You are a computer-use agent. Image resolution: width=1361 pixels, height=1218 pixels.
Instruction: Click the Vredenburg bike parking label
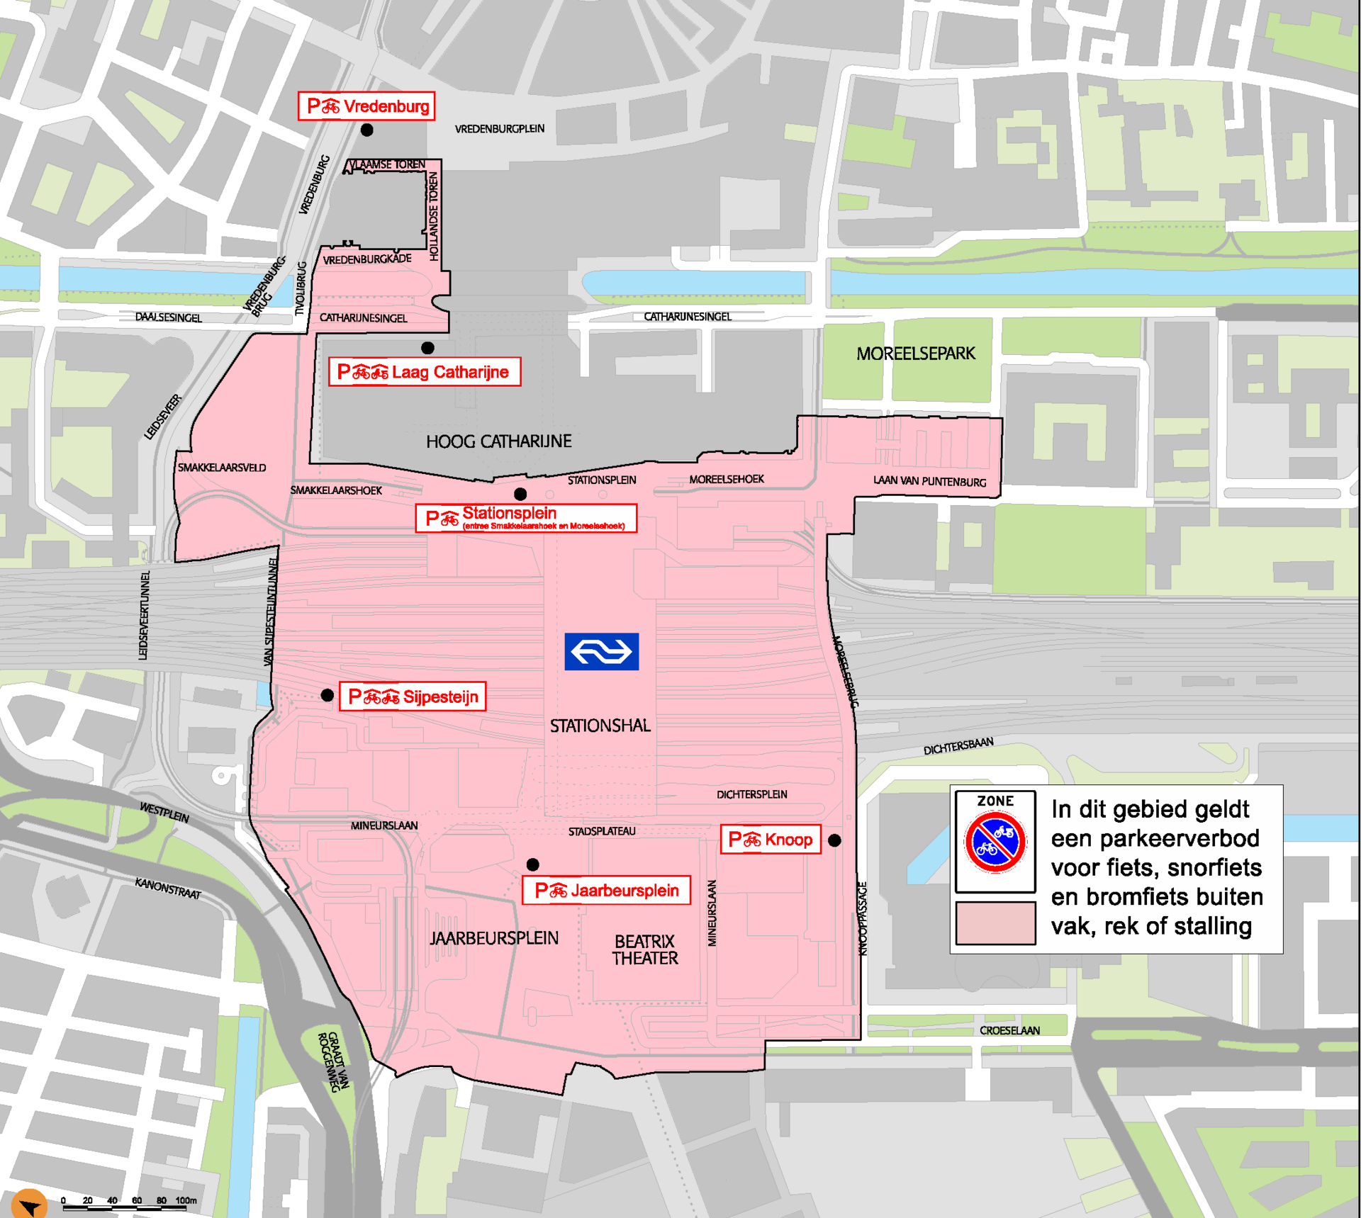[366, 106]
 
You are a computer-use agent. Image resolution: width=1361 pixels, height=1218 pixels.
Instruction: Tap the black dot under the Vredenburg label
[366, 130]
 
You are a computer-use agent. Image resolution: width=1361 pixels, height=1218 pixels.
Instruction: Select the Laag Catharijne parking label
[424, 371]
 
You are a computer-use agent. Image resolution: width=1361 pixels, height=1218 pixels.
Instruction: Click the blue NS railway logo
[601, 651]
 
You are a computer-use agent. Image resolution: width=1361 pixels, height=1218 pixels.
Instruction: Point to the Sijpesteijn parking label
[413, 697]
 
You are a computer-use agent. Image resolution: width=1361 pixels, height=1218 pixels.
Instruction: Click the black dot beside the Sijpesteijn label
[327, 695]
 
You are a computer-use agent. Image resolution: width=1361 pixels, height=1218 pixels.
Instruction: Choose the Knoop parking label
[770, 840]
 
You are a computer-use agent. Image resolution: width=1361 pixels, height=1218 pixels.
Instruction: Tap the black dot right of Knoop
[834, 840]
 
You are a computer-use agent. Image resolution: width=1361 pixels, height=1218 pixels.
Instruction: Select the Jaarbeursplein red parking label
[606, 891]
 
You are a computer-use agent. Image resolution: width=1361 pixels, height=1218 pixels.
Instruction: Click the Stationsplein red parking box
[526, 518]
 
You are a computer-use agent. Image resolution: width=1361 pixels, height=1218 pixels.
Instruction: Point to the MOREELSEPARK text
[915, 354]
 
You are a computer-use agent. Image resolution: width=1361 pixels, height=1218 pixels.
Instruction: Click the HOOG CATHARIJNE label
[498, 441]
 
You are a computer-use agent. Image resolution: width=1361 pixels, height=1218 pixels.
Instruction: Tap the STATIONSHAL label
[600, 726]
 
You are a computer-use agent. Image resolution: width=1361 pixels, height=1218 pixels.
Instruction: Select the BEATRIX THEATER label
[644, 950]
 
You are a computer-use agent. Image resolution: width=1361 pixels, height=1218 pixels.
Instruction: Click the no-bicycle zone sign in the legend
[995, 841]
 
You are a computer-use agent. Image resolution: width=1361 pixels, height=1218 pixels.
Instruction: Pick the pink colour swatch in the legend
[995, 923]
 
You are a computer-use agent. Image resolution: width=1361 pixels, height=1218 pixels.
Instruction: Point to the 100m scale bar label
[186, 1200]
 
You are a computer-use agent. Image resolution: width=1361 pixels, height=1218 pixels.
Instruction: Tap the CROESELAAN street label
[1009, 1030]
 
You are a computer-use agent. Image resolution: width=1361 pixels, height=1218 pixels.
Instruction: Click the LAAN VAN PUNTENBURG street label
[929, 481]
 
